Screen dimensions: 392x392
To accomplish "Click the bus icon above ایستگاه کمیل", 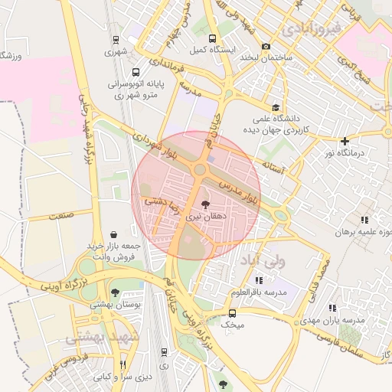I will (x=212, y=39).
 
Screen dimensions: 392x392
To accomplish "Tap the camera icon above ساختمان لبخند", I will (x=266, y=46).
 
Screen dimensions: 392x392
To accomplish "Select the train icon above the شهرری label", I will (x=116, y=40).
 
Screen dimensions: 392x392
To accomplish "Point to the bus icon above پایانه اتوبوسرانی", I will (x=116, y=67).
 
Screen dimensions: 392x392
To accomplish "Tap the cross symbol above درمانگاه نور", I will (x=345, y=141).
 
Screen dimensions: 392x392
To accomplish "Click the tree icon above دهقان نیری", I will (x=205, y=204).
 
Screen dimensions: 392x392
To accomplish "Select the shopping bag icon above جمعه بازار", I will (x=114, y=234).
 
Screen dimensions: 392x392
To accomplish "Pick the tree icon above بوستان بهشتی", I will (x=115, y=292).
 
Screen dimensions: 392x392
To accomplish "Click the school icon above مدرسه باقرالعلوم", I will (x=258, y=281).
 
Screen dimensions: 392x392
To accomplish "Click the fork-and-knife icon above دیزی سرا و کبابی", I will (x=122, y=365).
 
